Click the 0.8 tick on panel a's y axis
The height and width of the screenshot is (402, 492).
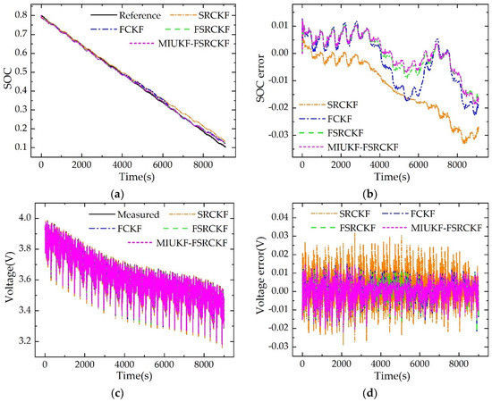pos(24,16)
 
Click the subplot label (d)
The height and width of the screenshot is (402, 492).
pos(381,395)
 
